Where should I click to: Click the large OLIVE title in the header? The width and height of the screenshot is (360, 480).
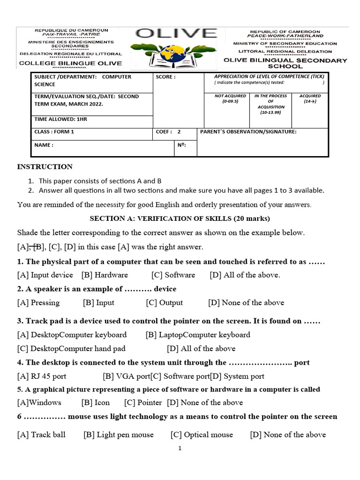click(177, 34)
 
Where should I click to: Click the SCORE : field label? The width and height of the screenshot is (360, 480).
click(166, 77)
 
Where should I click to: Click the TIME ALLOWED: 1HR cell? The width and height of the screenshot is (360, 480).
click(61, 120)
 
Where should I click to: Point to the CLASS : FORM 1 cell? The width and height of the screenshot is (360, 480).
click(54, 132)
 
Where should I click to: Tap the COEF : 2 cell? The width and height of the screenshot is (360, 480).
click(168, 132)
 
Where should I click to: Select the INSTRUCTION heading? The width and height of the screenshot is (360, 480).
click(45, 166)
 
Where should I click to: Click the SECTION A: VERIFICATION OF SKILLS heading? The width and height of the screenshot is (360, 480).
click(180, 218)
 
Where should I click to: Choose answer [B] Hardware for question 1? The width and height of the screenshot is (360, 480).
click(105, 275)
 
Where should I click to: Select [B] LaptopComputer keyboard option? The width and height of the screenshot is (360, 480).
click(198, 335)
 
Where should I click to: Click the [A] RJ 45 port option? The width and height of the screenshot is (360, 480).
click(42, 376)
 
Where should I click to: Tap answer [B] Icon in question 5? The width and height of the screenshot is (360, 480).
click(96, 403)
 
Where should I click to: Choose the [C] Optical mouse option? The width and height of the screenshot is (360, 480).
click(202, 435)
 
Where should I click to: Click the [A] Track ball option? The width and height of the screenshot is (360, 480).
click(41, 435)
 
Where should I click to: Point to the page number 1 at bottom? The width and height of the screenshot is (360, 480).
click(180, 449)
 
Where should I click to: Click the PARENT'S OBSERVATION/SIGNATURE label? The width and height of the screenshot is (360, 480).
click(248, 132)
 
